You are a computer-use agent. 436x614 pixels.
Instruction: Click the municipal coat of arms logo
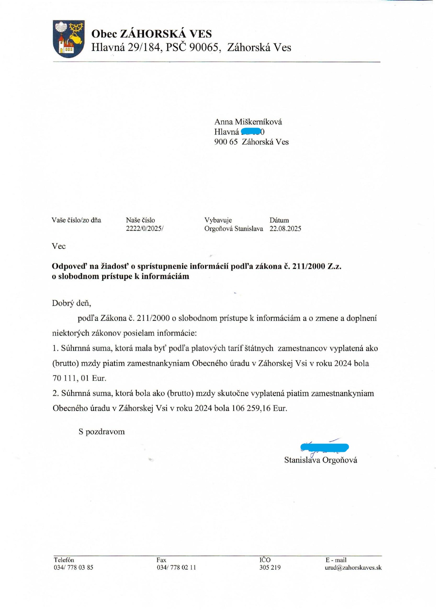click(x=68, y=39)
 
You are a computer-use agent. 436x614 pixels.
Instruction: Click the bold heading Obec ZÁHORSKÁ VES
click(x=151, y=34)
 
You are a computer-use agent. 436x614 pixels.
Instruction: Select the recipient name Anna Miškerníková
click(x=248, y=122)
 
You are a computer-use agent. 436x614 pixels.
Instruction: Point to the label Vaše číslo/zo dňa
click(x=76, y=220)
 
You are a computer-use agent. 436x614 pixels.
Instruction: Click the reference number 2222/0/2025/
click(x=145, y=229)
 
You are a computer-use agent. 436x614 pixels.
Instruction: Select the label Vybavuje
click(x=218, y=220)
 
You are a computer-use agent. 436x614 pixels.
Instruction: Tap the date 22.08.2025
click(x=285, y=229)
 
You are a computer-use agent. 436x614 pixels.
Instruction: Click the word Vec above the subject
click(x=59, y=246)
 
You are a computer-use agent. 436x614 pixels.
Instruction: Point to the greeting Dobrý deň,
click(x=72, y=303)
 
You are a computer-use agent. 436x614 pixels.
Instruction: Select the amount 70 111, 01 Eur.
click(x=79, y=378)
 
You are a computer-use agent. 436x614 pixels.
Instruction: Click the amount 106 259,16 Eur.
click(x=259, y=408)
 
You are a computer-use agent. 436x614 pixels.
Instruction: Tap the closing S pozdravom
click(x=102, y=432)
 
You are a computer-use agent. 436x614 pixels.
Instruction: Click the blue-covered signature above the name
click(x=324, y=447)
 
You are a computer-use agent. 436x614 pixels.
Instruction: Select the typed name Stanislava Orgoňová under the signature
click(x=321, y=460)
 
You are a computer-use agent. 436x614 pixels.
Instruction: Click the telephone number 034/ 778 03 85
click(x=73, y=567)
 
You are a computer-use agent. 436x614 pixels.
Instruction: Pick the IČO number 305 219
click(x=270, y=567)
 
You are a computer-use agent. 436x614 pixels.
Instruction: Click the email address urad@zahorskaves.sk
click(x=353, y=567)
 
